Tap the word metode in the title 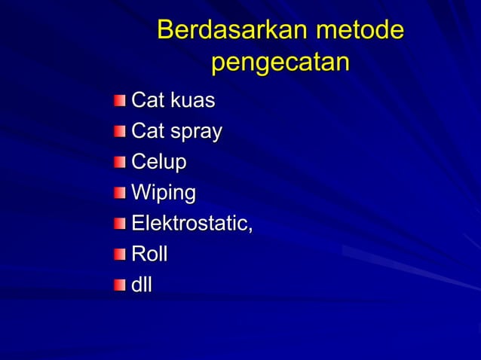360,31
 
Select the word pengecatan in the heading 280,63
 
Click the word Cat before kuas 146,100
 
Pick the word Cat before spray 146,132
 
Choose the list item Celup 159,163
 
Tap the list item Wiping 164,194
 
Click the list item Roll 149,254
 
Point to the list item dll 142,285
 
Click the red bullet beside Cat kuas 121,101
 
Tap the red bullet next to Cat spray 121,133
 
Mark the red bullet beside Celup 121,163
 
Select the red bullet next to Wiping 121,194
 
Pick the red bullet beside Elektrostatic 121,224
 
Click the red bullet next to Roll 121,255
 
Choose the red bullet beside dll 121,285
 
